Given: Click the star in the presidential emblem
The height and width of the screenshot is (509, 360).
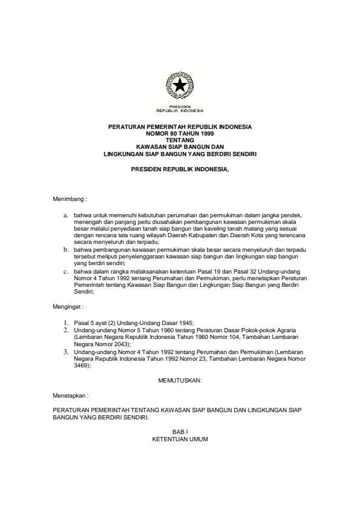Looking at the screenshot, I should click(x=180, y=87).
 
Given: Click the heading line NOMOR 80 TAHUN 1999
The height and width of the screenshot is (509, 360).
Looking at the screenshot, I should click(x=180, y=133).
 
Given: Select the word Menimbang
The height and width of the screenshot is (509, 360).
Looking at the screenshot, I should click(x=69, y=198).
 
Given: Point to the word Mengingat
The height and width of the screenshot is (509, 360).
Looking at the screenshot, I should click(x=68, y=307).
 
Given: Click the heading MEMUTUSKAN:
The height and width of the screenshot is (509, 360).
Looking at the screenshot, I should click(x=180, y=379).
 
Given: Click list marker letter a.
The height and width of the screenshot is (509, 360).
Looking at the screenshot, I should click(x=66, y=215).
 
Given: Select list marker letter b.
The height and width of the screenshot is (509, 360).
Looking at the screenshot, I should click(x=66, y=249).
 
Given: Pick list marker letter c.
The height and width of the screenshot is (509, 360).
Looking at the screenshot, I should click(x=66, y=272).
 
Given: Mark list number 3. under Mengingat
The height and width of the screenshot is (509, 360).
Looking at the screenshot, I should click(x=67, y=352).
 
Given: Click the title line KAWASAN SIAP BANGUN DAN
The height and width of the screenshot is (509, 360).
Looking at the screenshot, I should click(x=180, y=146).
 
